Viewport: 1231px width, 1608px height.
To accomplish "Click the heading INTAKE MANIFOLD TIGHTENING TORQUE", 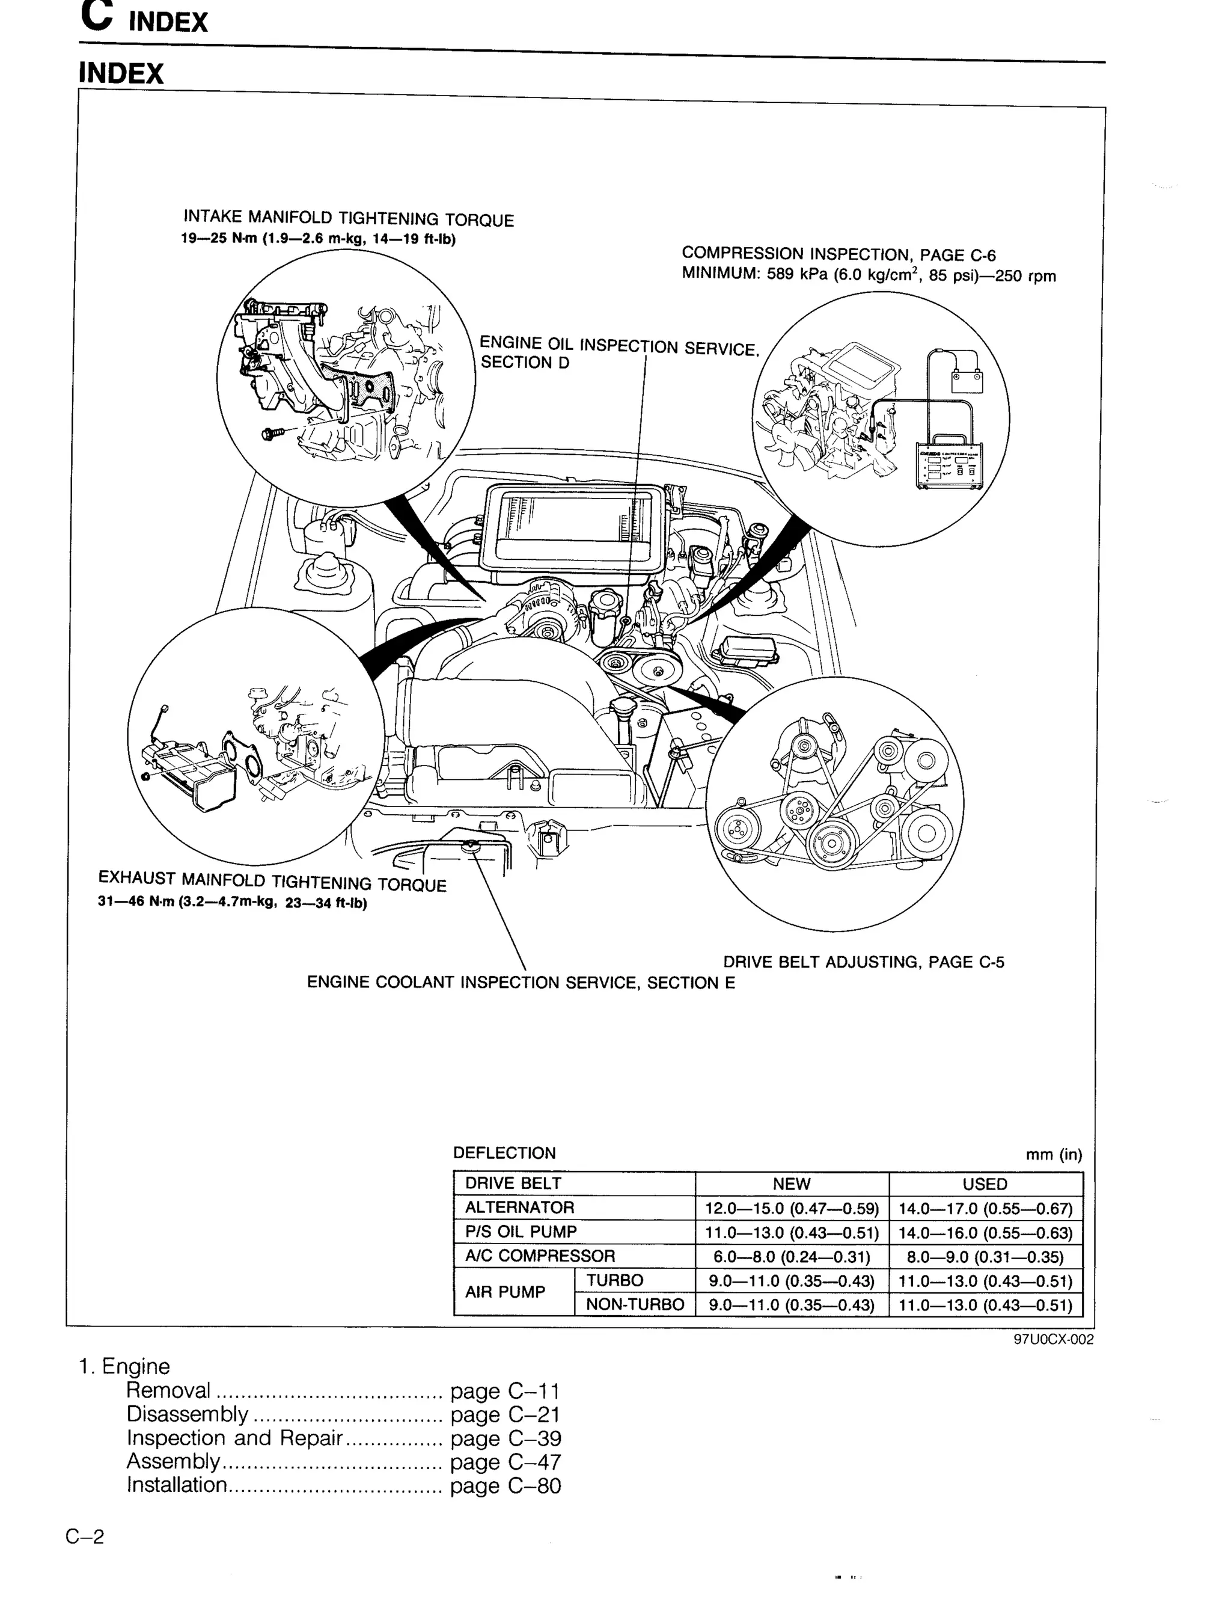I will [348, 218].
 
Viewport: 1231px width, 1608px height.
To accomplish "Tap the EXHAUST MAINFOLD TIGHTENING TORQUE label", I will [272, 880].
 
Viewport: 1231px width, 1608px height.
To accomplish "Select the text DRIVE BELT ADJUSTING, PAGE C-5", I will [863, 962].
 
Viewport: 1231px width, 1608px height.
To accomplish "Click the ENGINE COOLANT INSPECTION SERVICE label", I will [521, 982].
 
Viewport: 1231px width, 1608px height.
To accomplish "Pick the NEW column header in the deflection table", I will [792, 1183].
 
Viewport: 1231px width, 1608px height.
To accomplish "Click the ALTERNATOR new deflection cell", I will [792, 1208].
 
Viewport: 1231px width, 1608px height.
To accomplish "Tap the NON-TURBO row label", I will [635, 1304].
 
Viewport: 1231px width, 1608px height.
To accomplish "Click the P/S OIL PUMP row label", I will [521, 1232].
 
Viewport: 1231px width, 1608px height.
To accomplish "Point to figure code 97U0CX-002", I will [1053, 1339].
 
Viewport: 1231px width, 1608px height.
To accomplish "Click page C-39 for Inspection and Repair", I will [506, 1438].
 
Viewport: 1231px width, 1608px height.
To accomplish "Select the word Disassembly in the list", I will [188, 1414].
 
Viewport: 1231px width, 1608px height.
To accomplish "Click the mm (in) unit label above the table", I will [1053, 1155].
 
